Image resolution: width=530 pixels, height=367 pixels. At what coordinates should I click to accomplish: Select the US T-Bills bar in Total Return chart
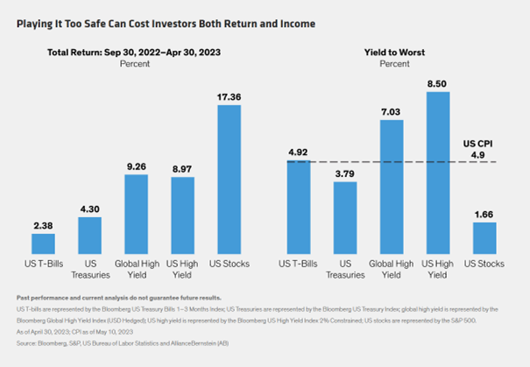click(x=44, y=243)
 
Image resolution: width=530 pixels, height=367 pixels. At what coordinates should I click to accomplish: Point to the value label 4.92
click(x=298, y=152)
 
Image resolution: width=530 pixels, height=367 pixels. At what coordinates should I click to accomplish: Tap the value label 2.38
click(x=44, y=225)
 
